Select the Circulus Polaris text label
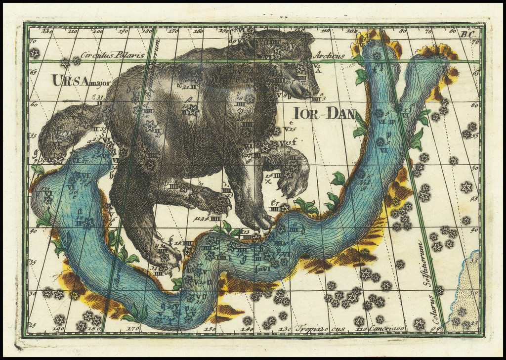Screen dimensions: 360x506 pos(113,55)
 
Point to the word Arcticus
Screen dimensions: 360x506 pos(329,56)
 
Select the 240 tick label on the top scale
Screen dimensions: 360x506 pos(47,32)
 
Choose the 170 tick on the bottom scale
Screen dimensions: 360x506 pos(133,328)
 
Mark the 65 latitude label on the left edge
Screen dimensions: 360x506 pos(33,72)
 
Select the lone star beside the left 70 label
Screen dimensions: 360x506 pos(34,53)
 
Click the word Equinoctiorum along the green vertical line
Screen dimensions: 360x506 pos(148,69)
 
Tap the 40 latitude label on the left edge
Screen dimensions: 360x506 pos(33,230)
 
